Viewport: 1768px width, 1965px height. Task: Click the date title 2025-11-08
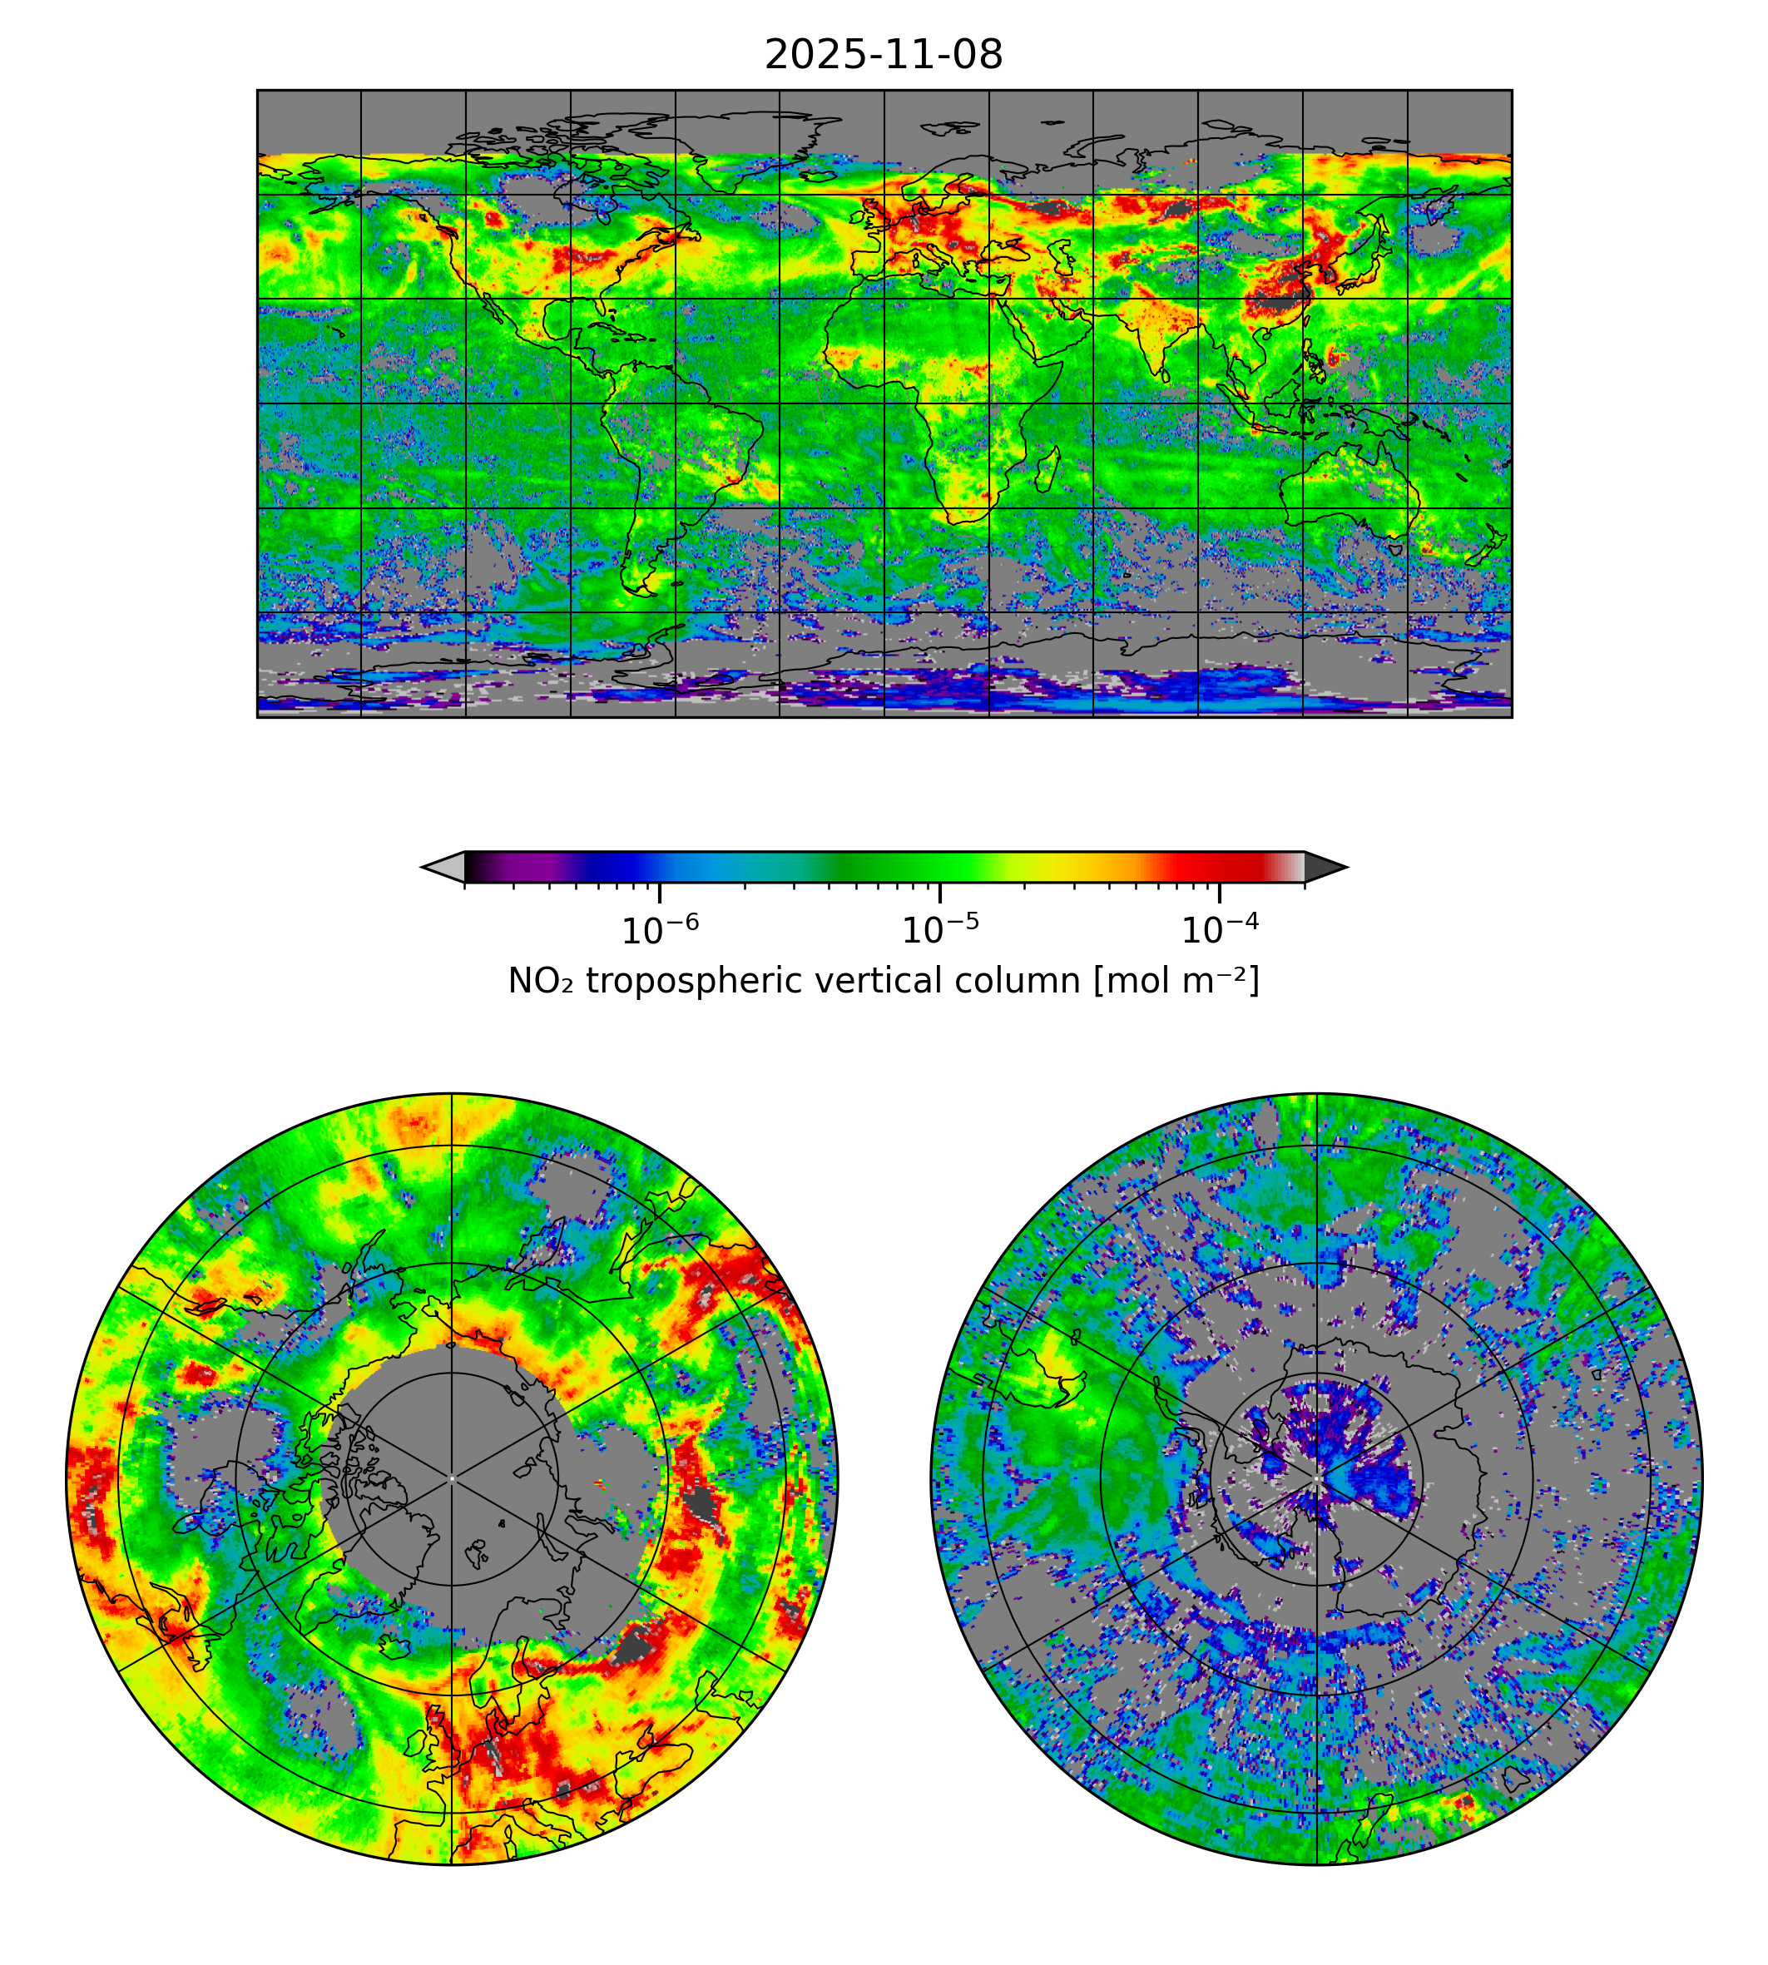[883, 56]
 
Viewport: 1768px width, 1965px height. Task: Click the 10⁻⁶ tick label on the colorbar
[660, 931]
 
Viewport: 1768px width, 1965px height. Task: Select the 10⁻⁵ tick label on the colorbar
[939, 931]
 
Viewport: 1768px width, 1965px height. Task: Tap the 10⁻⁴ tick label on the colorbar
[1219, 931]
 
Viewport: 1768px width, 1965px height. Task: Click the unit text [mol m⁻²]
[1176, 981]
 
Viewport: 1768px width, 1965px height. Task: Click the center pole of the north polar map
[452, 1478]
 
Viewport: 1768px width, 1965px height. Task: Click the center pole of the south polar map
[1316, 1478]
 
